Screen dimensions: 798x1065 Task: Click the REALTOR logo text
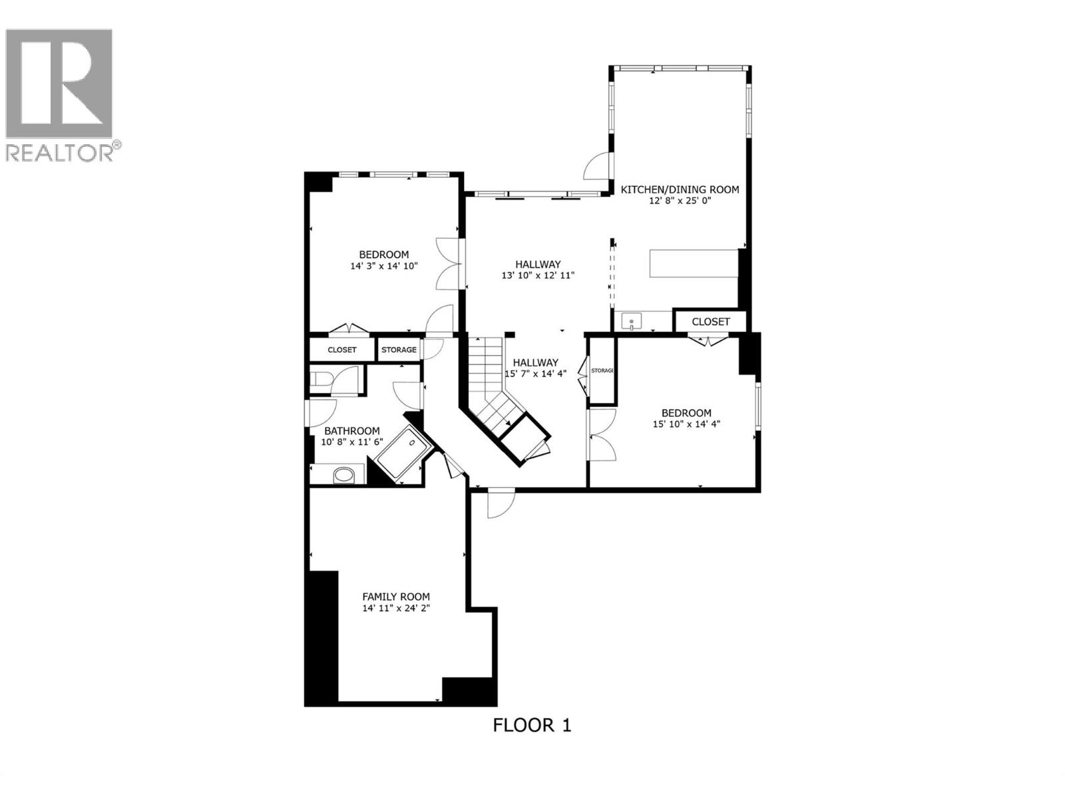63,152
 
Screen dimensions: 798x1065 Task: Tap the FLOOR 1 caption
532,725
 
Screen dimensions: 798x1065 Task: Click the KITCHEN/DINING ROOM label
680,190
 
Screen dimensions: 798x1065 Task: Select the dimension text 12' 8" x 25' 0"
680,201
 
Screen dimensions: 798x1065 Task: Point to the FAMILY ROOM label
395,597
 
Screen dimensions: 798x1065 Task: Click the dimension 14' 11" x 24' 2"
395,608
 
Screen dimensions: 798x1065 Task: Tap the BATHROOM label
352,431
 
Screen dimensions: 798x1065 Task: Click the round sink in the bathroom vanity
343,475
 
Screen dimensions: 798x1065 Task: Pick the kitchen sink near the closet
631,323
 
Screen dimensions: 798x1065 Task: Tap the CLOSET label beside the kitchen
710,322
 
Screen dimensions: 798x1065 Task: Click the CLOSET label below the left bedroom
341,350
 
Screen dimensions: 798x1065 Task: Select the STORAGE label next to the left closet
399,350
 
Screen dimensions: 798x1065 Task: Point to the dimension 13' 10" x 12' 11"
537,275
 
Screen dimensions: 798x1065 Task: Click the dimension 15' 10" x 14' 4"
686,424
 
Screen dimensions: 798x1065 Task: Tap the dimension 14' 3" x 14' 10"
383,266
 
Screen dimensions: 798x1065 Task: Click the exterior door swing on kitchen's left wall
597,167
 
